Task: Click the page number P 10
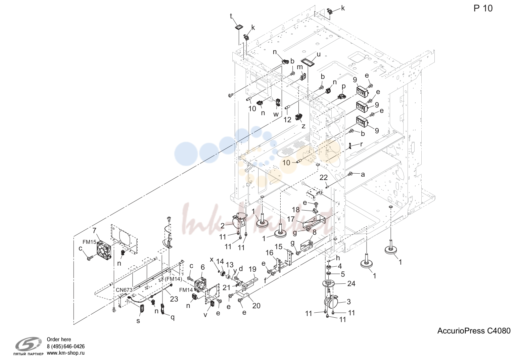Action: click(x=483, y=8)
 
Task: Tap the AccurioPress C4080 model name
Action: click(x=474, y=331)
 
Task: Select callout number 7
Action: click(x=94, y=230)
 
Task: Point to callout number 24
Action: click(x=351, y=283)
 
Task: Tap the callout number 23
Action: click(x=174, y=299)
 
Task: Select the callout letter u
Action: click(x=319, y=54)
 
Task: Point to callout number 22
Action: click(x=324, y=177)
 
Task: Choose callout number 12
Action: click(x=287, y=120)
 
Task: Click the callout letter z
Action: click(x=303, y=126)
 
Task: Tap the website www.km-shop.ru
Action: click(x=66, y=353)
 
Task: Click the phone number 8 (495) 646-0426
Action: click(x=66, y=346)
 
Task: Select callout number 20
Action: click(x=256, y=306)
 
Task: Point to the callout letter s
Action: click(x=138, y=321)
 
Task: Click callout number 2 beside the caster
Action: click(x=222, y=226)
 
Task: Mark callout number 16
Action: click(x=269, y=253)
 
